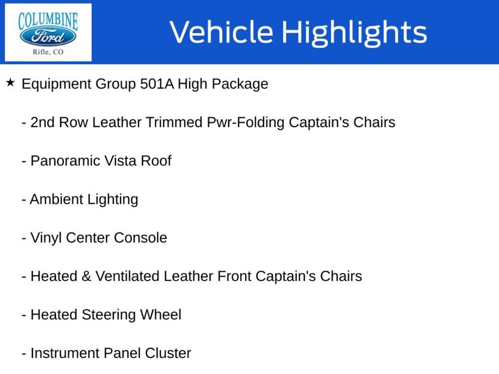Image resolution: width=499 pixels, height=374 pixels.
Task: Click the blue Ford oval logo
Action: pos(48,37)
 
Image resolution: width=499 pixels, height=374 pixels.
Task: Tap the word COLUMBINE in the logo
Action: pos(48,21)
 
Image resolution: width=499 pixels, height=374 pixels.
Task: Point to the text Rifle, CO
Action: pos(48,52)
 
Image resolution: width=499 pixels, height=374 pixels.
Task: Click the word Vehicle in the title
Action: pos(221,31)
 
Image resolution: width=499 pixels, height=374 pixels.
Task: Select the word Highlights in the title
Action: pos(355,33)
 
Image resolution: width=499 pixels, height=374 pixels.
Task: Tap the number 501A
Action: pos(157,84)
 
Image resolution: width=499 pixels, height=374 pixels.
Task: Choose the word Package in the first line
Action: pos(240,84)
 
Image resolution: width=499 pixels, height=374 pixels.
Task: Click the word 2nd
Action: pos(43,122)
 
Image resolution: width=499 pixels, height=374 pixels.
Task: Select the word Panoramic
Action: pos(66,161)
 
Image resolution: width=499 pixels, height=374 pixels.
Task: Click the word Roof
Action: pos(156,161)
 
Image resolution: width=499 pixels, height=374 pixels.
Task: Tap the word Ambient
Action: pos(56,199)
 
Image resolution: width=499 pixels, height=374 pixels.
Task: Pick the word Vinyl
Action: pos(46,238)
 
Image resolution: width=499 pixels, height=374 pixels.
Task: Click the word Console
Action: pos(140,238)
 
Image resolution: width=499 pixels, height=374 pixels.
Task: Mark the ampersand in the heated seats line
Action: pos(87,276)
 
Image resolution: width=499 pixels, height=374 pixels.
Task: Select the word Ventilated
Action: pos(127,276)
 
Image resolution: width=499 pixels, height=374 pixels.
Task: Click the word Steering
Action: pos(109,315)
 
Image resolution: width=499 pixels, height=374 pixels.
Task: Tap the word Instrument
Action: pos(65,353)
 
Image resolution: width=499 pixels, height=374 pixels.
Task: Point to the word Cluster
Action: pos(168,353)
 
